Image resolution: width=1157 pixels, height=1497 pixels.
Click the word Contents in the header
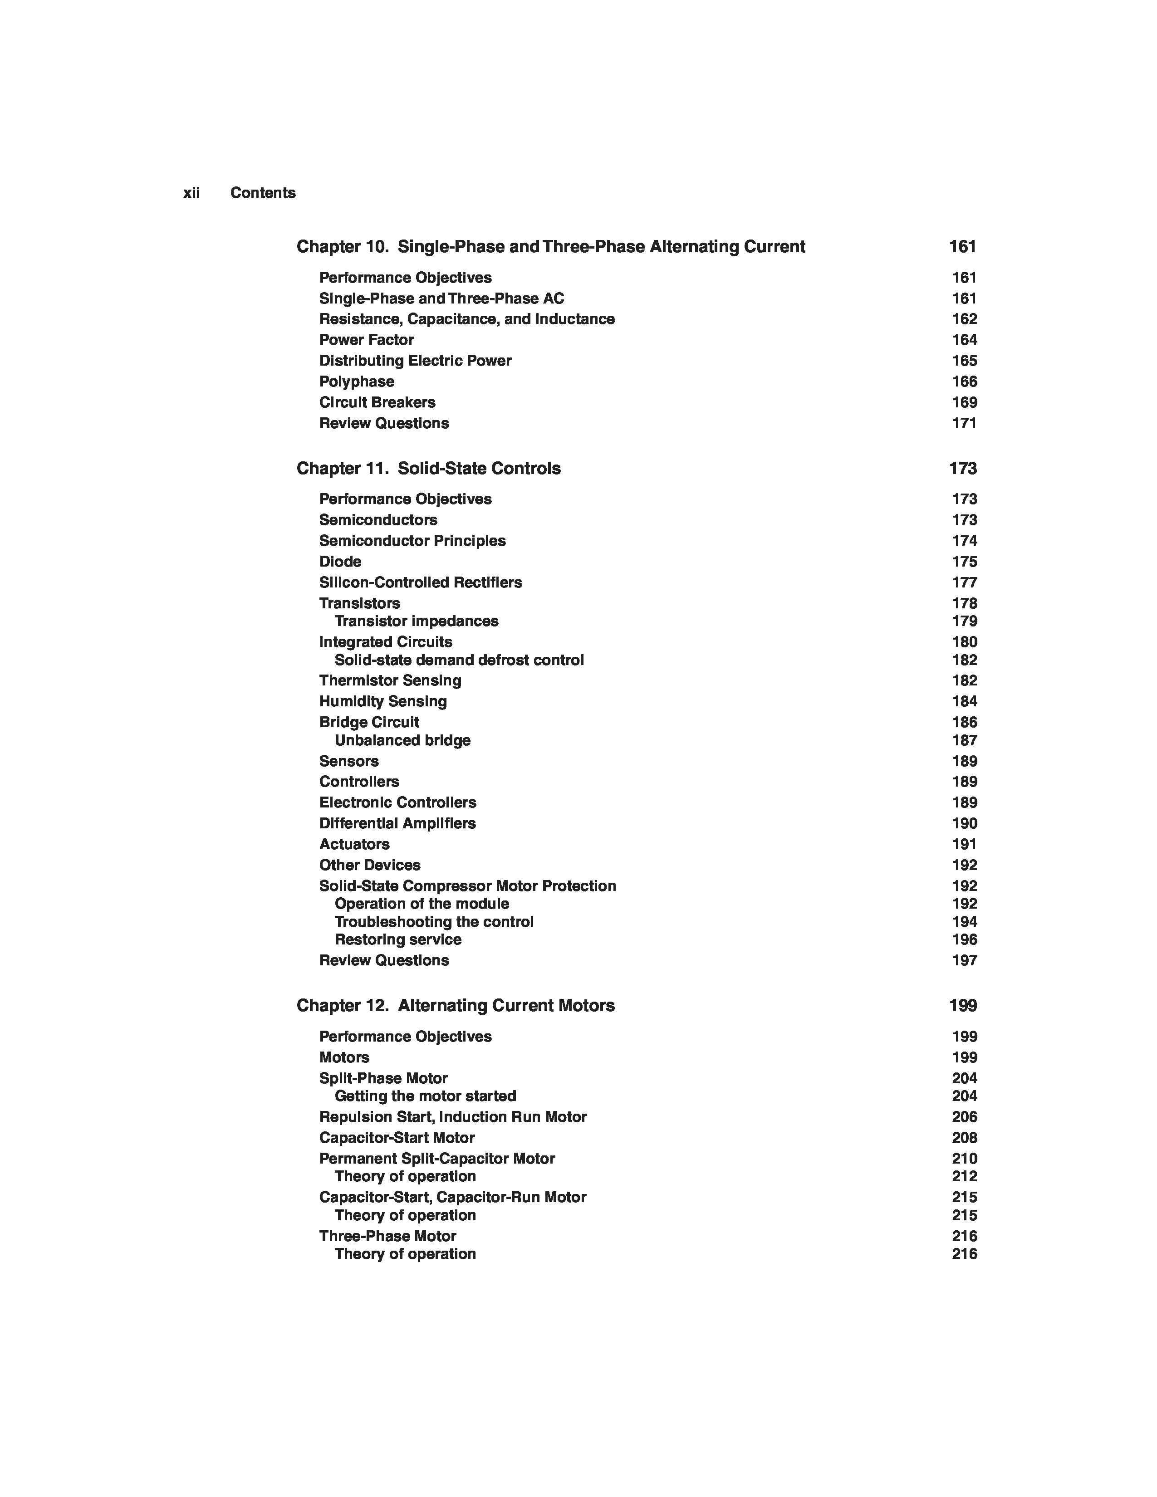pyautogui.click(x=263, y=193)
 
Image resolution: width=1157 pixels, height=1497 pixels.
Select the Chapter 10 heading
pyautogui.click(x=550, y=247)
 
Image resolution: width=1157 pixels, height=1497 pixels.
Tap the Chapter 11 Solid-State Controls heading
pyautogui.click(x=428, y=469)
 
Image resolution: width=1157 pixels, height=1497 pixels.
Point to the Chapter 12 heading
pyautogui.click(x=455, y=1006)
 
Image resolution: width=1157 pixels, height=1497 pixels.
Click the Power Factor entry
pyautogui.click(x=366, y=340)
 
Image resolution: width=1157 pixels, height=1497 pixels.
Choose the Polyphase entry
pyautogui.click(x=357, y=382)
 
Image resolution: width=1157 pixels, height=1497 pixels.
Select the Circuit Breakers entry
pyautogui.click(x=377, y=402)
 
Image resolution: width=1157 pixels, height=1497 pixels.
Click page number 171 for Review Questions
pyautogui.click(x=964, y=424)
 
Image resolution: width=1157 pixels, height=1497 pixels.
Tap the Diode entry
pyautogui.click(x=340, y=562)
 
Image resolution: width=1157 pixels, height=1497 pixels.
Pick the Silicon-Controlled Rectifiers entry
pyautogui.click(x=420, y=582)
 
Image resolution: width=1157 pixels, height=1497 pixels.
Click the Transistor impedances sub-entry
pyautogui.click(x=416, y=621)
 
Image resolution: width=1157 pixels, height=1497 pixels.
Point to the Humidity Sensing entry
pyautogui.click(x=382, y=701)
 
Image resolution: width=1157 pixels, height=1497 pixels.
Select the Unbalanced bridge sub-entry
pyautogui.click(x=402, y=740)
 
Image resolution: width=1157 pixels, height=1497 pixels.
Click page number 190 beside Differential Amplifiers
pyautogui.click(x=964, y=823)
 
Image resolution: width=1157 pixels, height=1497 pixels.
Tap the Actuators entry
pyautogui.click(x=354, y=845)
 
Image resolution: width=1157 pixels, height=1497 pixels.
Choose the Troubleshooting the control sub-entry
pyautogui.click(x=434, y=922)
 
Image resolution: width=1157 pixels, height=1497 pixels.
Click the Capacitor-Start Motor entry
pyautogui.click(x=397, y=1138)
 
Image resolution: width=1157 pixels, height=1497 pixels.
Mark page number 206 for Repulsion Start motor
pyautogui.click(x=964, y=1117)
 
